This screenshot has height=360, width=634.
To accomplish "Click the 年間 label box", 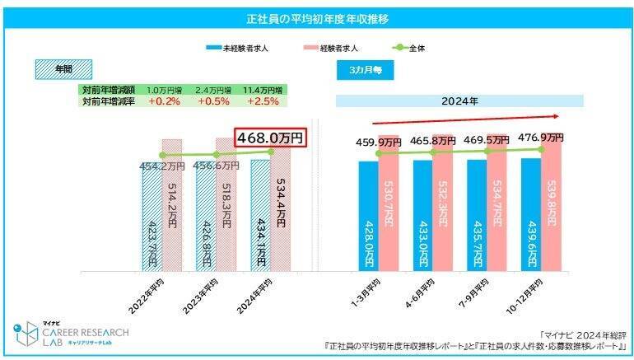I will point(63,68).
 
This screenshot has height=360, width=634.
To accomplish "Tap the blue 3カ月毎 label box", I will point(364,70).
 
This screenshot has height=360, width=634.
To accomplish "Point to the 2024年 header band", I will point(459,101).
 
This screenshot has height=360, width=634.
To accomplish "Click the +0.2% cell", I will point(164,101).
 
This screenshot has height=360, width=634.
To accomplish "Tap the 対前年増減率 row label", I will point(108,101).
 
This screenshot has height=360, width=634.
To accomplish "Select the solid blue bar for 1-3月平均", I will point(369,216).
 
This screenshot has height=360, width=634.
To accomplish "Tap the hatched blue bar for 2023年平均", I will point(206,218).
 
